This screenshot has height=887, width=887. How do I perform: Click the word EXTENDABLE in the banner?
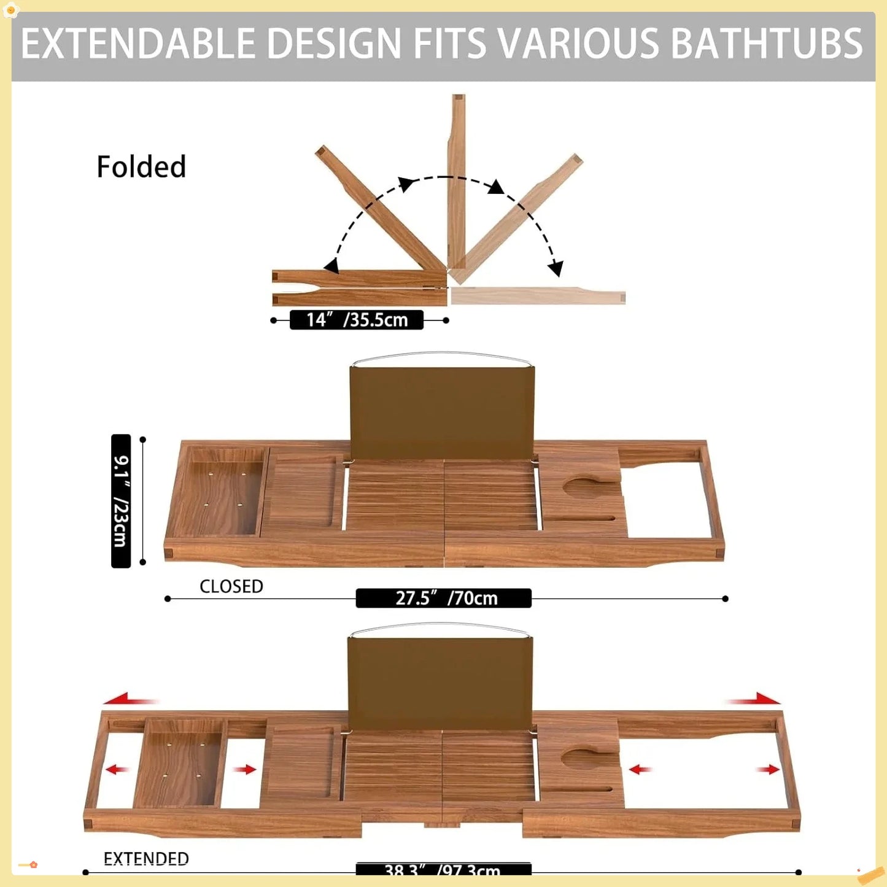138,44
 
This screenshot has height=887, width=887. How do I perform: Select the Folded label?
141,167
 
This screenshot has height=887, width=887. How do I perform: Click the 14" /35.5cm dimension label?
357,320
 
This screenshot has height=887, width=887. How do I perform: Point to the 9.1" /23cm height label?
121,501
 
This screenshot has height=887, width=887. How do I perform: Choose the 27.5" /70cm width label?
444,598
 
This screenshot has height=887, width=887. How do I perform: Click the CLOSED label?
231,586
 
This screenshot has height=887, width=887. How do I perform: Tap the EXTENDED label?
146,858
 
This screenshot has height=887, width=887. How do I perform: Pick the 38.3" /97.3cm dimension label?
443,869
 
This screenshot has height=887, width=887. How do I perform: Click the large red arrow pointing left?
129,699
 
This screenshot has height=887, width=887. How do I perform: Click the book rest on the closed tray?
442,413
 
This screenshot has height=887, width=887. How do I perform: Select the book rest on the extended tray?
440,683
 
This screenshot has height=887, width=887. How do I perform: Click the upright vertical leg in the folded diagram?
457,178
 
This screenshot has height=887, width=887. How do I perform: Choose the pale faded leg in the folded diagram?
537,296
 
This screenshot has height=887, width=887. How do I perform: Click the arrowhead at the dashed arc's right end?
555,268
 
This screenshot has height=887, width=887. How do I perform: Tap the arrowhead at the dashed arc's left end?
332,265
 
